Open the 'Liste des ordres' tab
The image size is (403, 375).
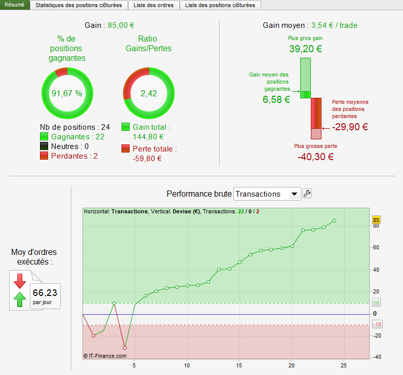click(153, 5)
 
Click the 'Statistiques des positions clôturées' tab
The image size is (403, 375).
click(78, 5)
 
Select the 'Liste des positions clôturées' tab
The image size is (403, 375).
click(220, 5)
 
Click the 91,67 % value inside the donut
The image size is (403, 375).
click(67, 93)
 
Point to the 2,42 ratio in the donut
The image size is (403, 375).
click(149, 93)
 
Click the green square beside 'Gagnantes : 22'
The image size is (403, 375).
click(44, 137)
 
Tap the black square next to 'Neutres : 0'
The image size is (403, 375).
click(44, 146)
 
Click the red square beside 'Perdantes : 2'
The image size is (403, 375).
click(44, 156)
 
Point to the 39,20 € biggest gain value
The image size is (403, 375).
click(305, 49)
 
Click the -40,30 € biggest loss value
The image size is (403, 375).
click(315, 157)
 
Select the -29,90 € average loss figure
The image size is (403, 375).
click(350, 127)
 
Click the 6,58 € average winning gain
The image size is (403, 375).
click(276, 99)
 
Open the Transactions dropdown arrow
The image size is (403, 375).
click(294, 194)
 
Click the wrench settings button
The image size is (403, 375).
click(307, 193)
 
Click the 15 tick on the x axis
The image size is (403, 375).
click(239, 365)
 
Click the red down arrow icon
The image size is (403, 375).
click(20, 281)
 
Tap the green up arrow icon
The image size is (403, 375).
click(20, 299)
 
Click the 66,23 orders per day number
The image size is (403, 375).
click(45, 293)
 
